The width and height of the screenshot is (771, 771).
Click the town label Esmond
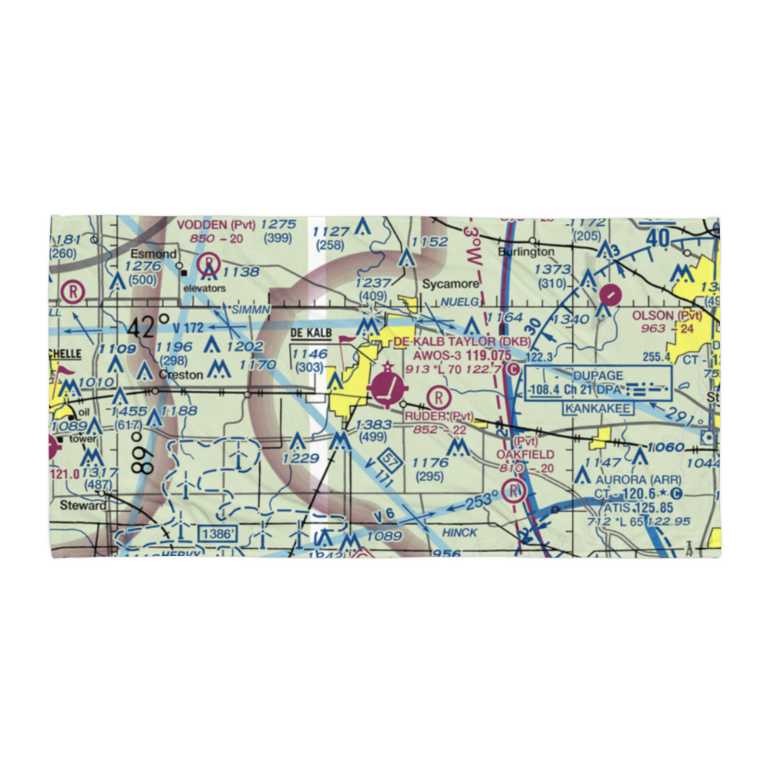(x=153, y=254)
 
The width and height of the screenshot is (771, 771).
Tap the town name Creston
(x=181, y=375)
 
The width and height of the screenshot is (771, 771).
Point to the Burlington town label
(x=526, y=251)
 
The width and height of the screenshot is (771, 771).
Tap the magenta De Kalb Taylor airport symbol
(x=389, y=388)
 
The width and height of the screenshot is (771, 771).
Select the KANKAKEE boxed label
(x=598, y=407)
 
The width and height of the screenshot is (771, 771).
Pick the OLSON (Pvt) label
(x=667, y=316)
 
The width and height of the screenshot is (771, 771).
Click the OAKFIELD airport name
(x=526, y=455)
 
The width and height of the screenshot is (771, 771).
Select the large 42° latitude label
(x=149, y=327)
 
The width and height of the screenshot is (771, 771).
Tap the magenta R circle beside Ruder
(x=437, y=397)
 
